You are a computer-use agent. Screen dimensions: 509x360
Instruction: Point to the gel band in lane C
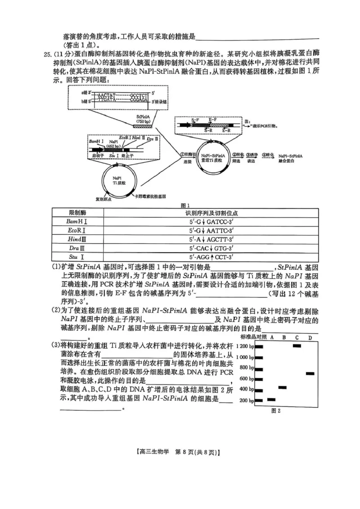pos(297,346)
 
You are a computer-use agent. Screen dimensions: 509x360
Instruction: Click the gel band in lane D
pos(310,373)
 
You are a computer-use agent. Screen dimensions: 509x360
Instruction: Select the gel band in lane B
pos(283,387)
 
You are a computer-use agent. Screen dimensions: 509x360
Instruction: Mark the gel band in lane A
pos(271,399)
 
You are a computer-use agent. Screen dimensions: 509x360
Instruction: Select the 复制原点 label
pos(103,198)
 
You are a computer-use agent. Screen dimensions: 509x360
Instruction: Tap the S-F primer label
pos(194,120)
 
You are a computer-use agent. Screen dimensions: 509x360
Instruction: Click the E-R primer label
pos(226,130)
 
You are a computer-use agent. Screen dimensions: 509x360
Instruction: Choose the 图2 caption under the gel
pos(276,410)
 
